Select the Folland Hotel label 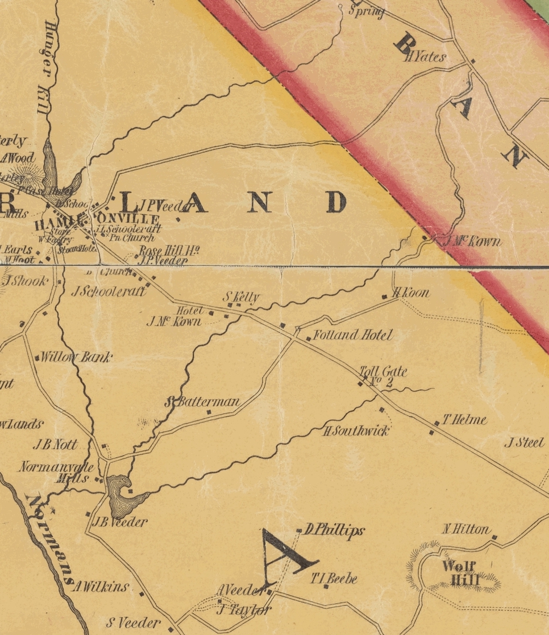pos(353,335)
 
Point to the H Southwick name pos(356,431)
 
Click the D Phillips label pos(334,530)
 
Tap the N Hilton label pos(466,530)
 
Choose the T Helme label pos(464,420)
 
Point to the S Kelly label pos(241,296)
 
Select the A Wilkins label pos(101,587)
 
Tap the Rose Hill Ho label pos(169,251)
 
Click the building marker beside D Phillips pos(299,531)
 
